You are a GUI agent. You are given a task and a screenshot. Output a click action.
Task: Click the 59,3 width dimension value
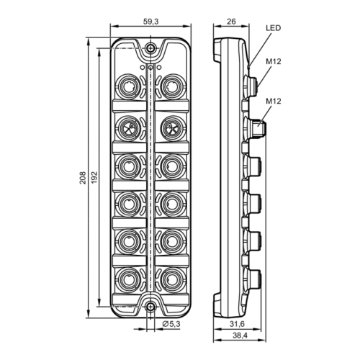point(150,22)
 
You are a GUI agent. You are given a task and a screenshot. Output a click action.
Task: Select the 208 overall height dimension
point(83,178)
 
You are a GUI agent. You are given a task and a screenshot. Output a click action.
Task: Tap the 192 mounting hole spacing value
point(94,178)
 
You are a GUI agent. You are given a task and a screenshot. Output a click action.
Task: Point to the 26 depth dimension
point(231,22)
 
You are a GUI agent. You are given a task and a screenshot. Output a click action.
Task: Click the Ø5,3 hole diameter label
point(171,324)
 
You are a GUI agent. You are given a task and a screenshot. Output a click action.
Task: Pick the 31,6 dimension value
point(237,324)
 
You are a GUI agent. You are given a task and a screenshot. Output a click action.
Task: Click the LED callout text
point(273,28)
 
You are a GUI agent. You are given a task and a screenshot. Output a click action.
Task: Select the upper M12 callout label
point(273,62)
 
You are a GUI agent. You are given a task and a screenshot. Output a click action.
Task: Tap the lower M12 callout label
point(273,101)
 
